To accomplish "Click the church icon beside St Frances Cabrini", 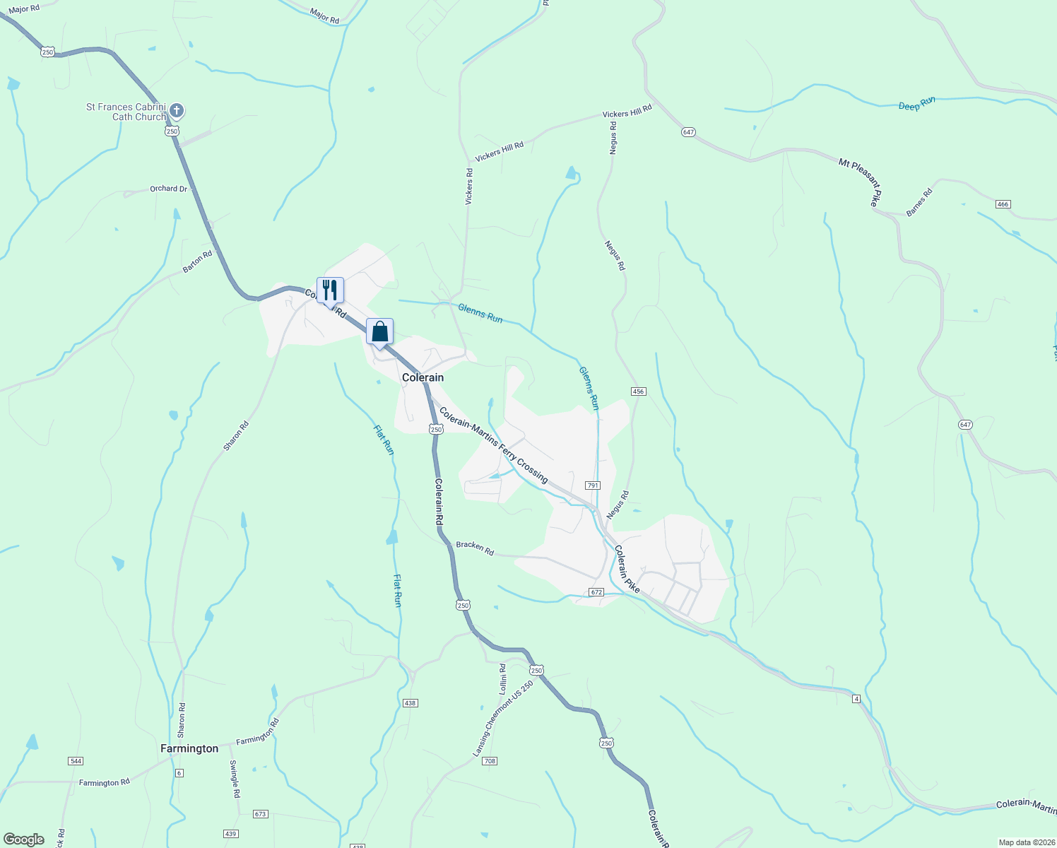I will (177, 111).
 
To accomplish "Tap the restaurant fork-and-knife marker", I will (330, 290).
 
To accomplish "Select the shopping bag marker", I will (379, 331).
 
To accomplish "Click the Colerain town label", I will (423, 377).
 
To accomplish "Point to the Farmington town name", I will (189, 748).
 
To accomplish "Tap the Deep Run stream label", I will (916, 104).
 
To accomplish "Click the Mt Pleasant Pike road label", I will (860, 182).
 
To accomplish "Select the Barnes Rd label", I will (919, 202).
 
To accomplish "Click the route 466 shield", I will (1003, 204).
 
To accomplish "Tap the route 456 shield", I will (639, 391).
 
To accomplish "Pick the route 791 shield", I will (593, 485).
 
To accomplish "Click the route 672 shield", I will (596, 592).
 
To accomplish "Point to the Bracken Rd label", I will (475, 548).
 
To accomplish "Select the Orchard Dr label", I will (168, 189).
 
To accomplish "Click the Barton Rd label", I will (197, 262).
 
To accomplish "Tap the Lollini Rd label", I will (502, 678).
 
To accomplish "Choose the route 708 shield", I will (490, 761).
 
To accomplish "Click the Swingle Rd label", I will (234, 779).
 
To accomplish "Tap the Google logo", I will (24, 840).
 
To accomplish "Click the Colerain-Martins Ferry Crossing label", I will (493, 445).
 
